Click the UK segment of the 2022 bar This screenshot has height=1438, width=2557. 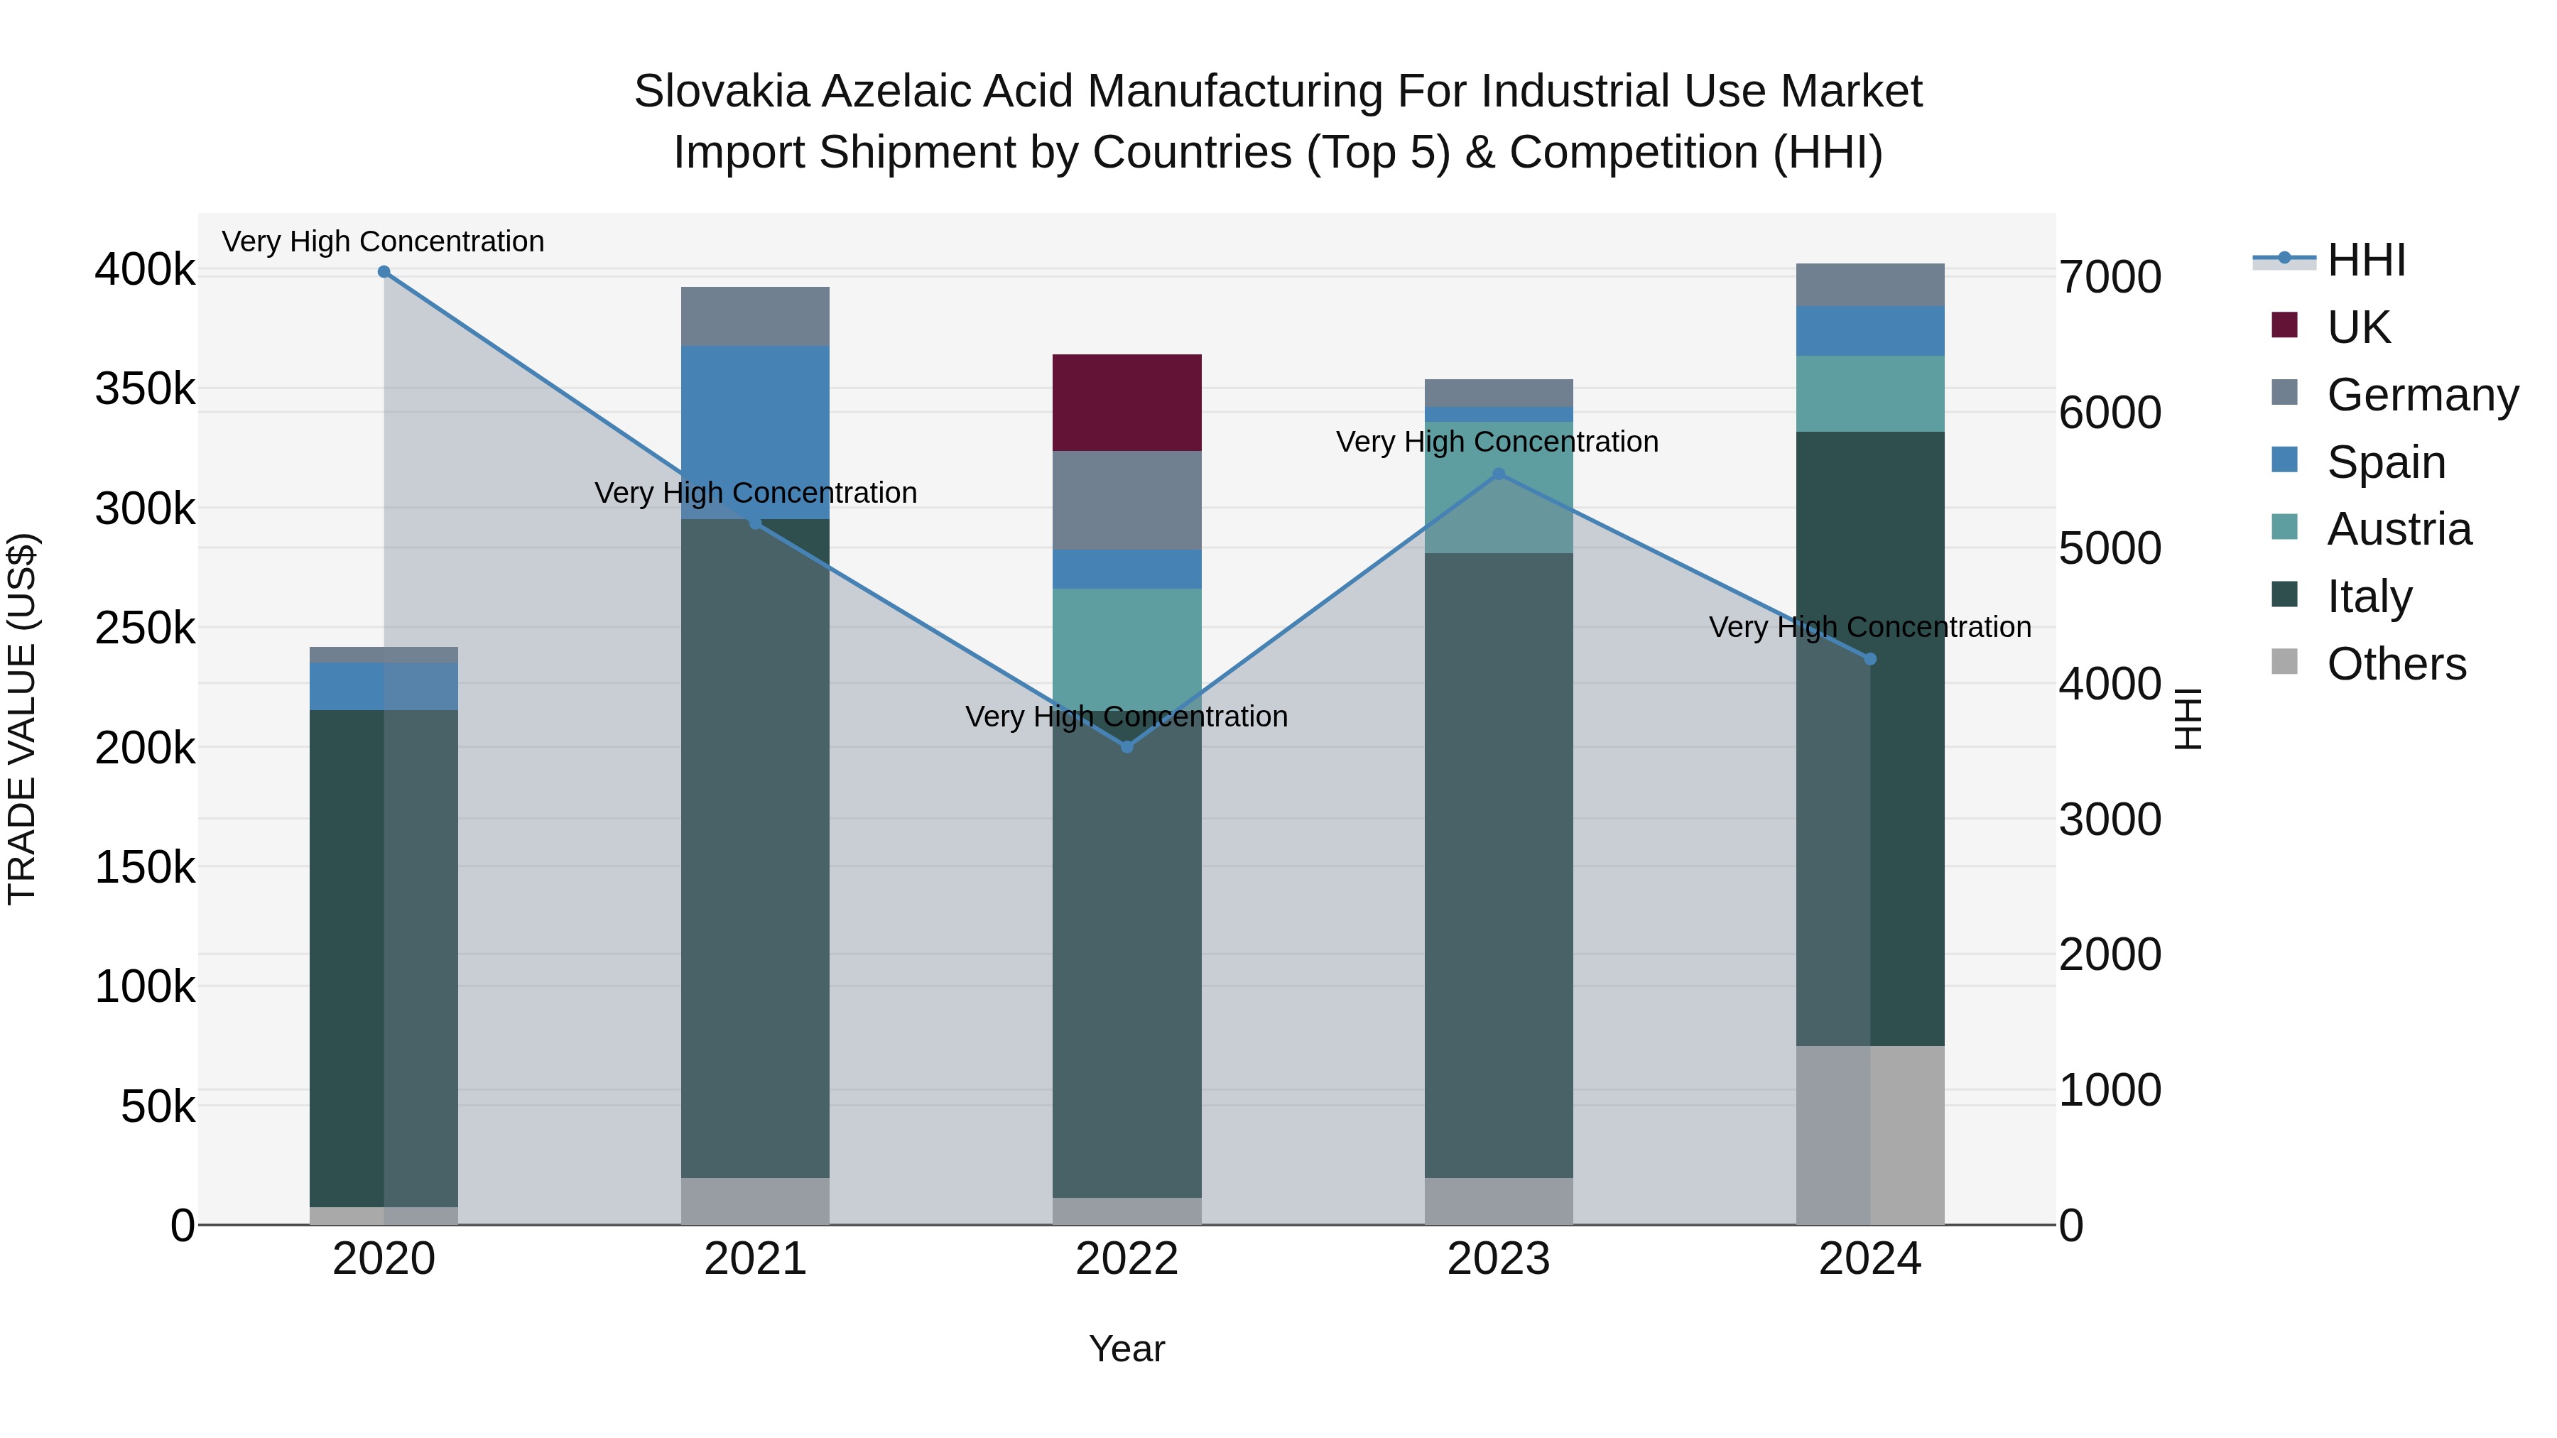click(x=1127, y=402)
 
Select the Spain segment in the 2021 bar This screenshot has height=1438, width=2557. click(x=754, y=432)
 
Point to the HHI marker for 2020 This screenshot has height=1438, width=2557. click(x=384, y=272)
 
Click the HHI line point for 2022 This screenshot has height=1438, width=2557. click(x=1127, y=746)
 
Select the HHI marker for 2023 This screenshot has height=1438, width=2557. click(x=1499, y=474)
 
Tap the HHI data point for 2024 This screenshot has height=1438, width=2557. click(x=1870, y=659)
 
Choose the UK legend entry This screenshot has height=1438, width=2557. click(x=2358, y=327)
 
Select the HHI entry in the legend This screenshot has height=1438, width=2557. click(x=2365, y=260)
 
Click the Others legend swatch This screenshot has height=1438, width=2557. click(x=2284, y=662)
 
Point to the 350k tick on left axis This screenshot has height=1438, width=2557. click(x=145, y=389)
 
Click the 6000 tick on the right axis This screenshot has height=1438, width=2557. click(x=2110, y=413)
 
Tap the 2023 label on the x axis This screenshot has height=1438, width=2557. click(x=1498, y=1259)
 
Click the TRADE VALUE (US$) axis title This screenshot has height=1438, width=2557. click(x=22, y=719)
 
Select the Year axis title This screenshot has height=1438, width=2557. click(x=1127, y=1349)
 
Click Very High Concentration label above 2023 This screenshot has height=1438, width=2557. click(x=1497, y=442)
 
